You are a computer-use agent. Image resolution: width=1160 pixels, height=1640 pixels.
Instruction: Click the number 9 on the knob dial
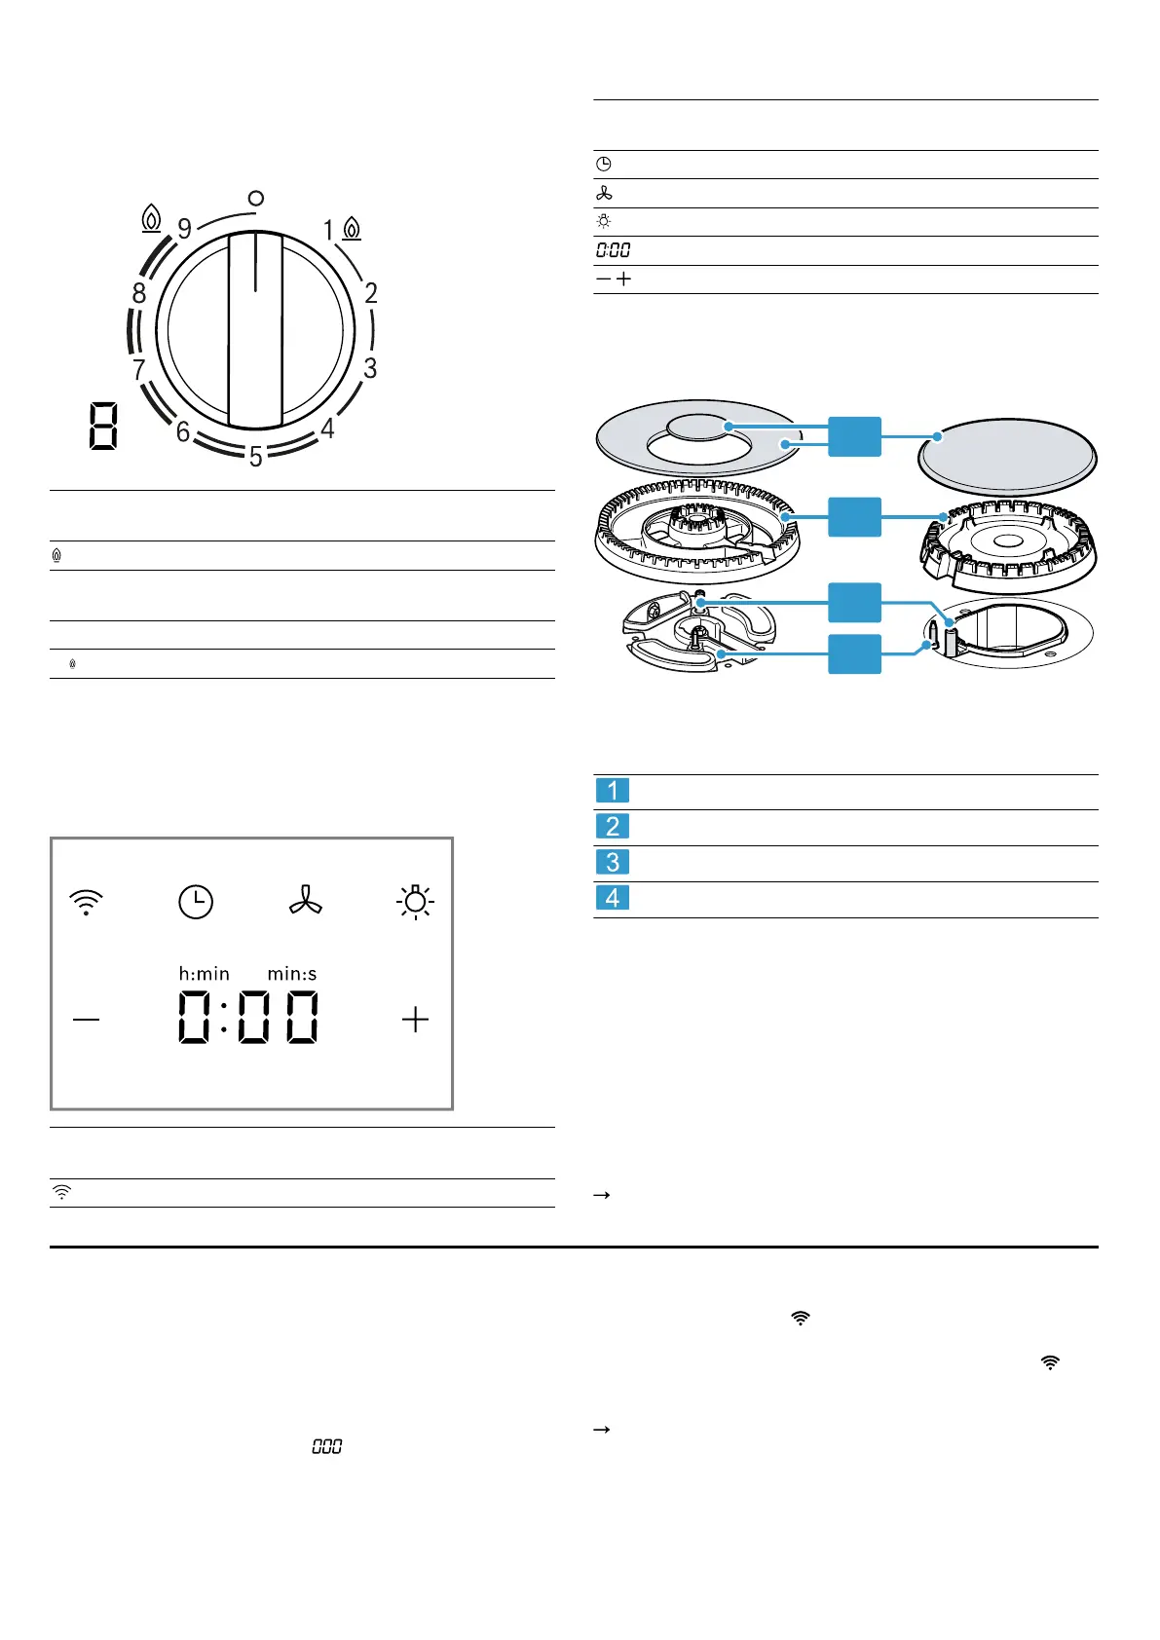(x=184, y=229)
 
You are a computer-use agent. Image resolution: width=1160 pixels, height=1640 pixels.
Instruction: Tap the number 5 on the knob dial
(x=255, y=457)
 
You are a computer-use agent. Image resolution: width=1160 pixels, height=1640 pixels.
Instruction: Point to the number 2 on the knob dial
(x=371, y=293)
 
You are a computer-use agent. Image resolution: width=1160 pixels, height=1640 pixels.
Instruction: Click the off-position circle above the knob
(x=255, y=198)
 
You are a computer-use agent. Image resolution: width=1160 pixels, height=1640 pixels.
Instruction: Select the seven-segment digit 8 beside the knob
(x=103, y=427)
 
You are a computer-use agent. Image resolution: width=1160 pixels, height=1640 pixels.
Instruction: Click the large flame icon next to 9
(x=151, y=218)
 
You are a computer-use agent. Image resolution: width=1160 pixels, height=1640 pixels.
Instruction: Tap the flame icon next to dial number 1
(x=352, y=229)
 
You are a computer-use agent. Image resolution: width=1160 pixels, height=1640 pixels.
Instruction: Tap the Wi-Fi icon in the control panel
(x=86, y=902)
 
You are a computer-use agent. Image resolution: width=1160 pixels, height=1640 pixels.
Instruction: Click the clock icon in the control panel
(x=196, y=901)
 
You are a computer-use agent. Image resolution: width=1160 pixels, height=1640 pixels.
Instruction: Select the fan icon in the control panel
(x=306, y=901)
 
